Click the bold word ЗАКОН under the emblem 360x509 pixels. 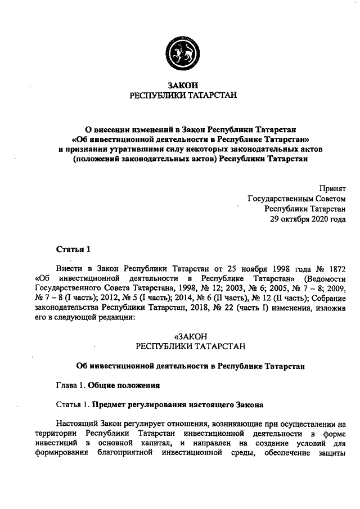pyautogui.click(x=180, y=85)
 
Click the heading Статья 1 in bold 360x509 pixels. pyautogui.click(x=73, y=249)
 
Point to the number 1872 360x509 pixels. pyautogui.click(x=335, y=268)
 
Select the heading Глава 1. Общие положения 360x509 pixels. pyautogui.click(x=109, y=386)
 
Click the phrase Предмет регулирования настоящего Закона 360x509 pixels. pyautogui.click(x=177, y=404)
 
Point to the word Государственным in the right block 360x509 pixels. pyautogui.click(x=278, y=199)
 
